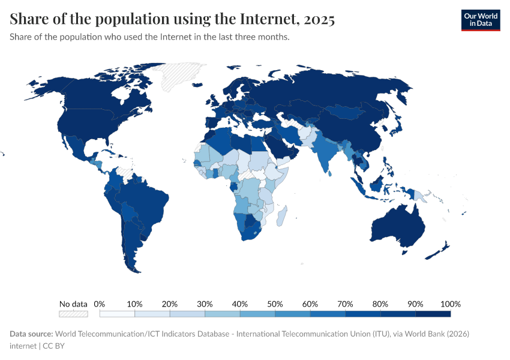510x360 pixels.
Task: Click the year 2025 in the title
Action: click(x=319, y=19)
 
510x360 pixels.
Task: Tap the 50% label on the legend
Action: click(x=275, y=304)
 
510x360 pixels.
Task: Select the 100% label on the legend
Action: click(x=450, y=304)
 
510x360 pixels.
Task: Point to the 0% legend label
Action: click(x=100, y=304)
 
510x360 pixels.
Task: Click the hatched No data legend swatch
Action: click(x=73, y=314)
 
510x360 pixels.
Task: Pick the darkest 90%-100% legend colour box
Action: click(x=433, y=314)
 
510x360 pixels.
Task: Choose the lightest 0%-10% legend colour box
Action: click(x=117, y=314)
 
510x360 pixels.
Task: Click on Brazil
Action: click(x=147, y=201)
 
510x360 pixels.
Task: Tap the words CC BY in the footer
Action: click(x=55, y=346)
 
